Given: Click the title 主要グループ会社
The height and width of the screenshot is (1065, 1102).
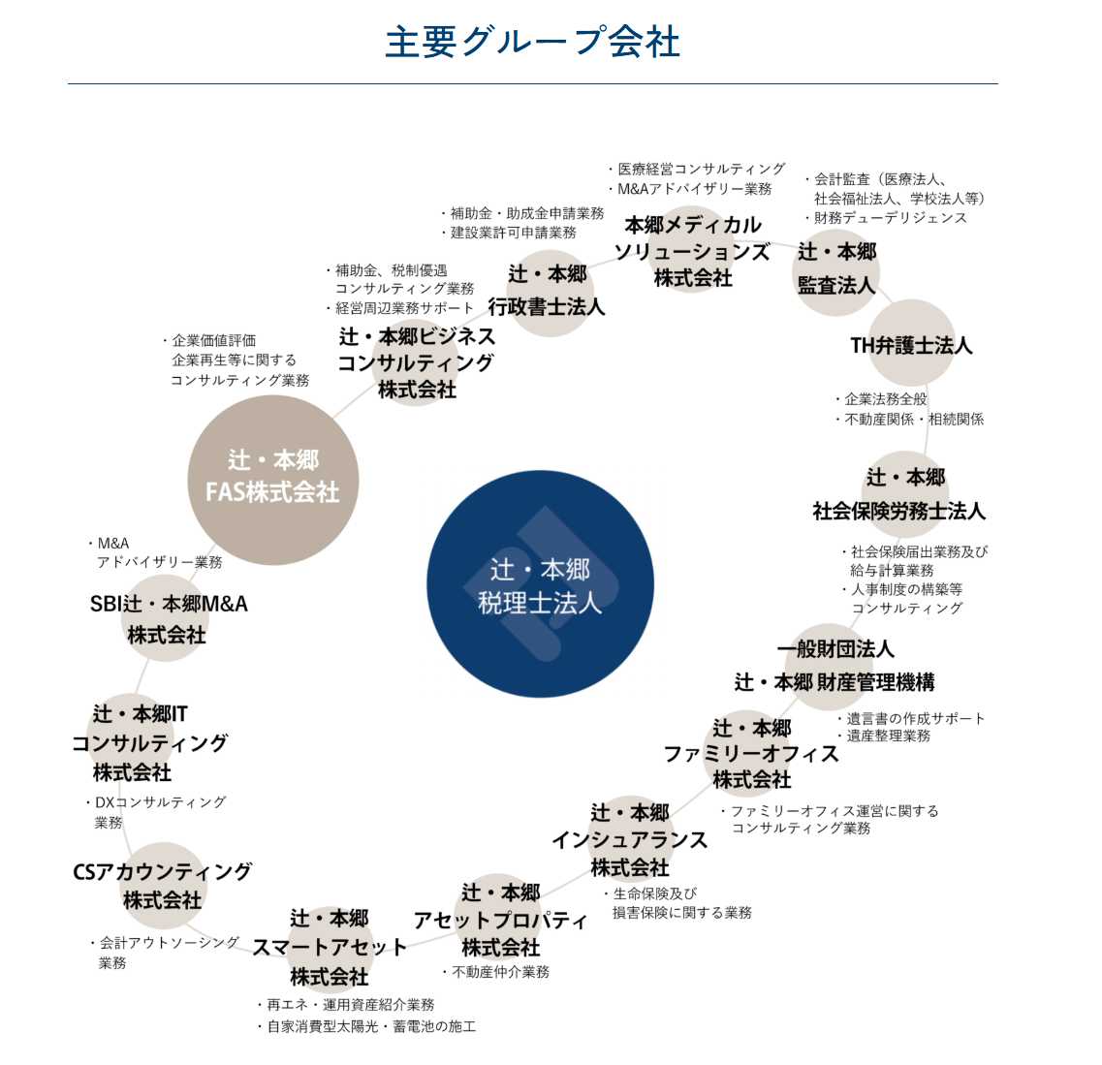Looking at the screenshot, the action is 532,42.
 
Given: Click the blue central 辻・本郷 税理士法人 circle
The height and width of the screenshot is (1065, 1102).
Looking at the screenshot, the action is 540,583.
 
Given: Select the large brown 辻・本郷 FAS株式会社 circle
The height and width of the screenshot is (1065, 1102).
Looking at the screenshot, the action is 273,480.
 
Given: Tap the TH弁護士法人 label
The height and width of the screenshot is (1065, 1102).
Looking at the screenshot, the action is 911,345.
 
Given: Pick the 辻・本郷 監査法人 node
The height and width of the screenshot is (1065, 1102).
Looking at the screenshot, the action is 836,269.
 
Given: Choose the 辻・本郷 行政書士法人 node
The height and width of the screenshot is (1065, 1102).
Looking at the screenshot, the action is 547,291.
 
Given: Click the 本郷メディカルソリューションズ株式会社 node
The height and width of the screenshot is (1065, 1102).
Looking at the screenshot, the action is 692,252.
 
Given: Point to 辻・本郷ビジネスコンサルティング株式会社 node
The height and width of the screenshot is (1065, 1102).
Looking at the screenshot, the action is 417,362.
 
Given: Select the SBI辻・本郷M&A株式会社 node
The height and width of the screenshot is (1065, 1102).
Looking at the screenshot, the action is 168,619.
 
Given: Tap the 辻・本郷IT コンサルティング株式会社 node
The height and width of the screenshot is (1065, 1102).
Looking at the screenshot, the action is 149,743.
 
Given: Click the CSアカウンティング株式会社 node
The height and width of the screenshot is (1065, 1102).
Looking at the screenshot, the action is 163,885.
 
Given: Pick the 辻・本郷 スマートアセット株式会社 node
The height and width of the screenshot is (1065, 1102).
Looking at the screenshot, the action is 329,948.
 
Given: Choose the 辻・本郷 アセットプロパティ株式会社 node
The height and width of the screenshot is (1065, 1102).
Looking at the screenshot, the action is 500,920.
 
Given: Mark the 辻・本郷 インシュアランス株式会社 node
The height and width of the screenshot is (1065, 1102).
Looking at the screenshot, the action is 630,840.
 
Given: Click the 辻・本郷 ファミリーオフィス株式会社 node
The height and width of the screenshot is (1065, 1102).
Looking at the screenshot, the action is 751,754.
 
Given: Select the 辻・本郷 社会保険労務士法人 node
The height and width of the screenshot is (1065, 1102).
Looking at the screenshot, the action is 900,494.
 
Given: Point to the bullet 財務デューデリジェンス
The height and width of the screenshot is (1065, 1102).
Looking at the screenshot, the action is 886,218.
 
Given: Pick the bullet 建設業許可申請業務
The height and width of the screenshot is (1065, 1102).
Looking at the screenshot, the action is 509,233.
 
